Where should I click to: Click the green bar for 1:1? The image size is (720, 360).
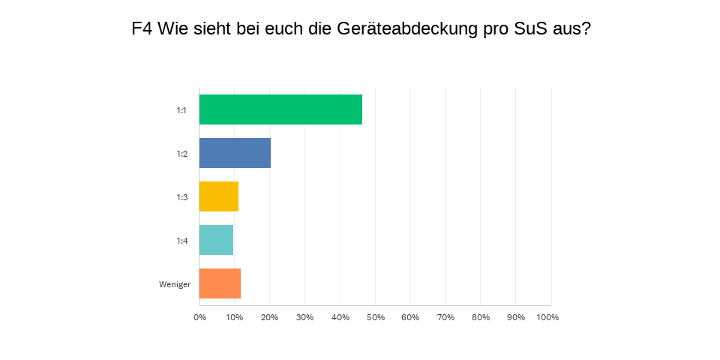pyautogui.click(x=280, y=109)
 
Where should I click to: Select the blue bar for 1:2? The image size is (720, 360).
pyautogui.click(x=235, y=153)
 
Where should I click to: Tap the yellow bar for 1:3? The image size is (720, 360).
pyautogui.click(x=219, y=196)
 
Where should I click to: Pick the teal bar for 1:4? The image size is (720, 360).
pyautogui.click(x=216, y=240)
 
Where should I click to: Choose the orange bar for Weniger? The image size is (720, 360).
pyautogui.click(x=220, y=283)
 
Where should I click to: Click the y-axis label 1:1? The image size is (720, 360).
pyautogui.click(x=181, y=110)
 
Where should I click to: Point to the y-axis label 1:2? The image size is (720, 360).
pyautogui.click(x=181, y=154)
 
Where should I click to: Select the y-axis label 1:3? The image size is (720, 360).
pyautogui.click(x=181, y=197)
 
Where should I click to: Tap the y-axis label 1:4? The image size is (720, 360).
pyautogui.click(x=181, y=241)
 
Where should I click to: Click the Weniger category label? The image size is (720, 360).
pyautogui.click(x=175, y=284)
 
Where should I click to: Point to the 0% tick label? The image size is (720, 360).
pyautogui.click(x=199, y=317)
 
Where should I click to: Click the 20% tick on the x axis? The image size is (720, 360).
pyautogui.click(x=269, y=317)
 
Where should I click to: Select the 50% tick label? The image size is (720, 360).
pyautogui.click(x=375, y=317)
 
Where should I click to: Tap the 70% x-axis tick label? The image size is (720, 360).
pyautogui.click(x=445, y=317)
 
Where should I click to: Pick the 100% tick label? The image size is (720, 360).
pyautogui.click(x=547, y=317)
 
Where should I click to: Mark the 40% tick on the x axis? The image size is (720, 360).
pyautogui.click(x=340, y=317)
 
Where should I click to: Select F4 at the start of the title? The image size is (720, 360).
pyautogui.click(x=142, y=29)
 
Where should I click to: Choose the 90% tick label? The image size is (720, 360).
pyautogui.click(x=516, y=317)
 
